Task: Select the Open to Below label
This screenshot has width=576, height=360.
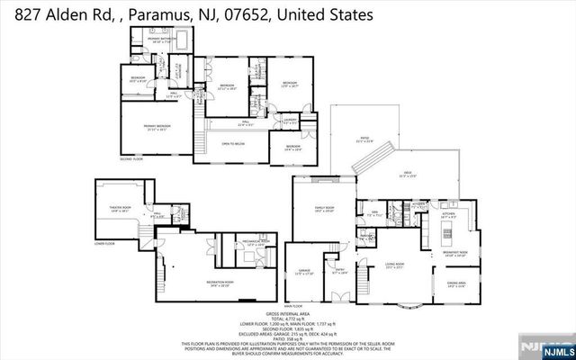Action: point(233,143)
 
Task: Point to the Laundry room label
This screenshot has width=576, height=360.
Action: point(290,118)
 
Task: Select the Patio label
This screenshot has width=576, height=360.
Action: point(363,139)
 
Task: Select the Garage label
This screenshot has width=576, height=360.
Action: point(304,270)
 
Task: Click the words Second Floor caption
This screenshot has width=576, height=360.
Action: point(132,158)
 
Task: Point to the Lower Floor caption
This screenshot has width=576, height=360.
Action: point(104,243)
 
